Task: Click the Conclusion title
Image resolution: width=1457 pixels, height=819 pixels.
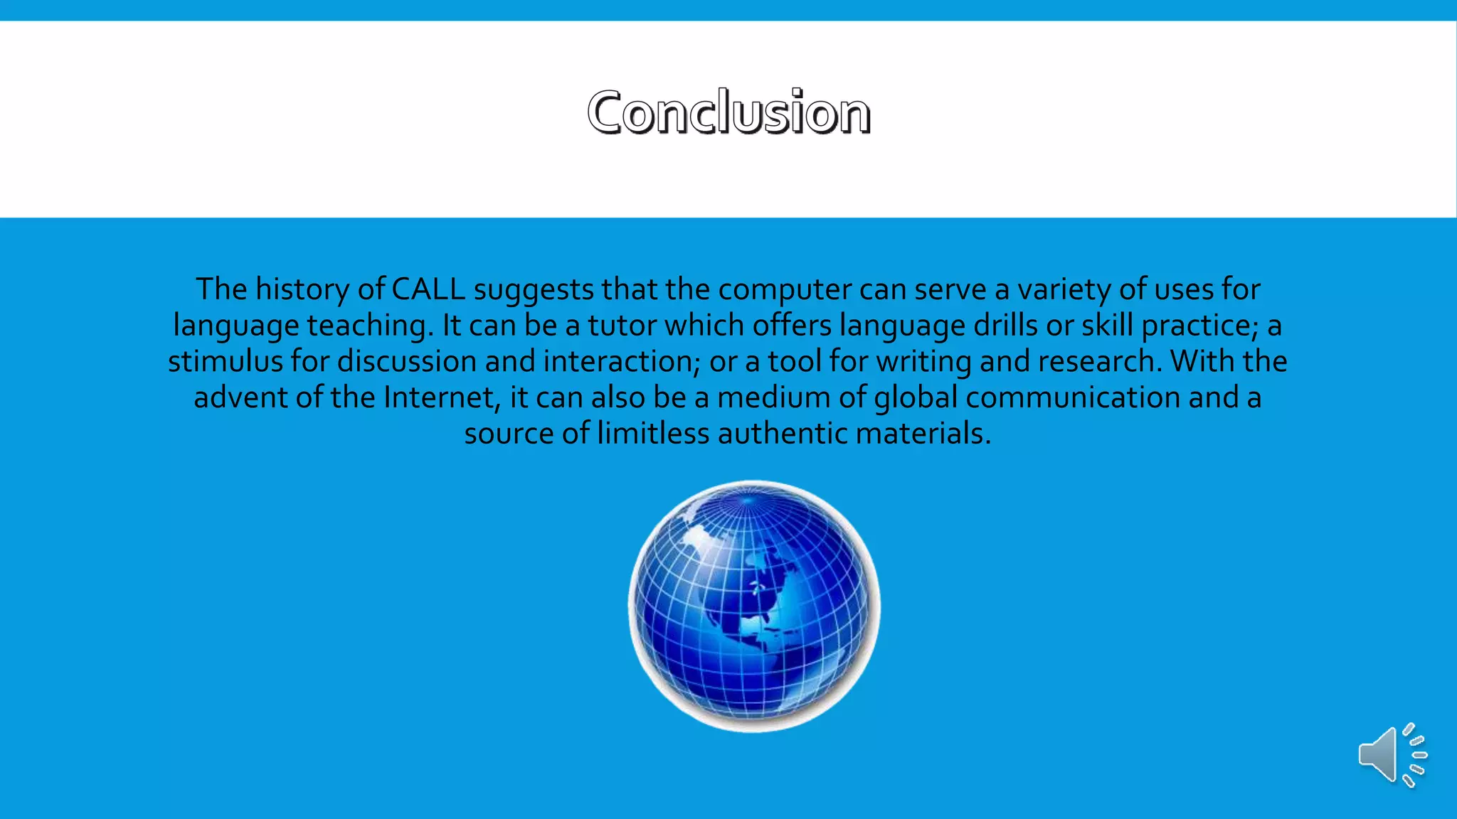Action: (728, 112)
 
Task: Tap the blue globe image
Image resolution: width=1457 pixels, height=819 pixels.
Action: (753, 606)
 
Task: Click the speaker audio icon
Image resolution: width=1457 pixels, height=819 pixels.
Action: (1391, 755)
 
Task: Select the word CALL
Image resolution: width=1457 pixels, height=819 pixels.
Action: (428, 289)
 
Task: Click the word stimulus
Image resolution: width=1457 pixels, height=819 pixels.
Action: (225, 362)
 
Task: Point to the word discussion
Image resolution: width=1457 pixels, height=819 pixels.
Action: (407, 362)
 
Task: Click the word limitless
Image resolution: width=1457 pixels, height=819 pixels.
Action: (653, 434)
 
